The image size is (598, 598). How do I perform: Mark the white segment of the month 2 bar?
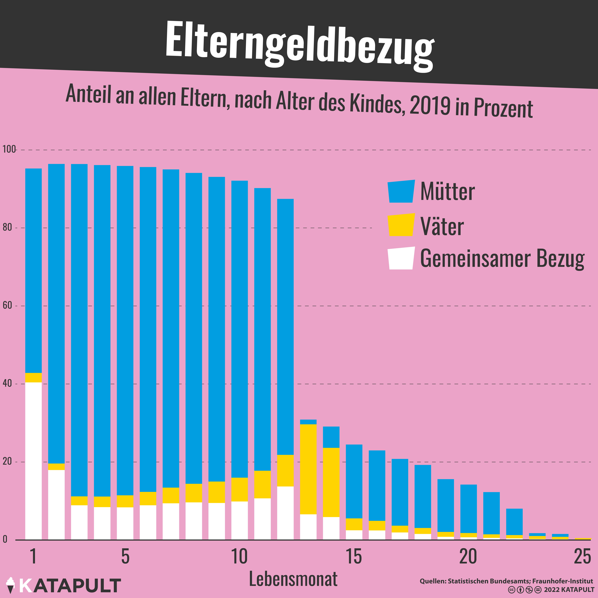pyautogui.click(x=56, y=505)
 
